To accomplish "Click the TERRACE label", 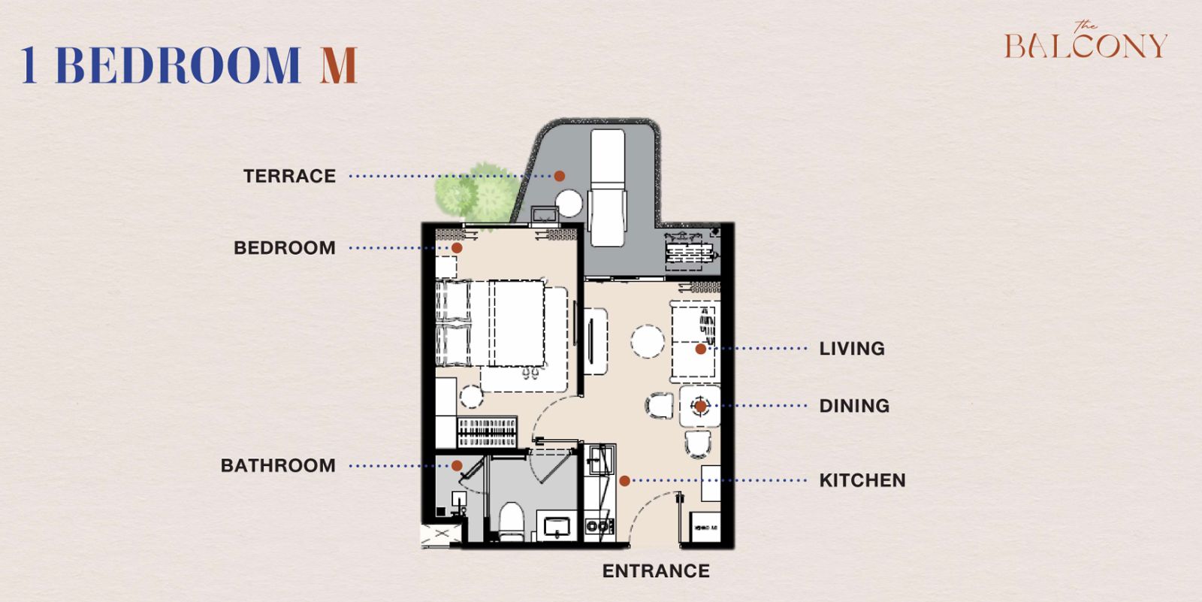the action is click(x=290, y=176).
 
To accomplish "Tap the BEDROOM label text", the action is click(x=285, y=248).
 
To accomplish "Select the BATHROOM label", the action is click(x=279, y=466).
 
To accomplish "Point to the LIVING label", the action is click(x=852, y=349).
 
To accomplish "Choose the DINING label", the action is click(x=854, y=406).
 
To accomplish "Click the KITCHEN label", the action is click(x=862, y=480).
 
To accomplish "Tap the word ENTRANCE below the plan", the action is click(x=656, y=571).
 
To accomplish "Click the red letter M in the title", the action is click(x=339, y=65).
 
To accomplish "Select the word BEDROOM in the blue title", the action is click(x=177, y=65).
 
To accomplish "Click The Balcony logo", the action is click(x=1086, y=41).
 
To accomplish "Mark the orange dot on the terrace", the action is click(x=560, y=176).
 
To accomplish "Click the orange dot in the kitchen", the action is click(x=624, y=481).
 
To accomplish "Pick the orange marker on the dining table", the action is click(x=700, y=406).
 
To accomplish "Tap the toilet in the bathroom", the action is click(x=512, y=522).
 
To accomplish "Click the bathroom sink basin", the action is click(x=557, y=527).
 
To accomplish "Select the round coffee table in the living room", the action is click(x=648, y=341).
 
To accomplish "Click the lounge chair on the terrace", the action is click(x=608, y=187).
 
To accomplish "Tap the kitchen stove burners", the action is click(x=599, y=526).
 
